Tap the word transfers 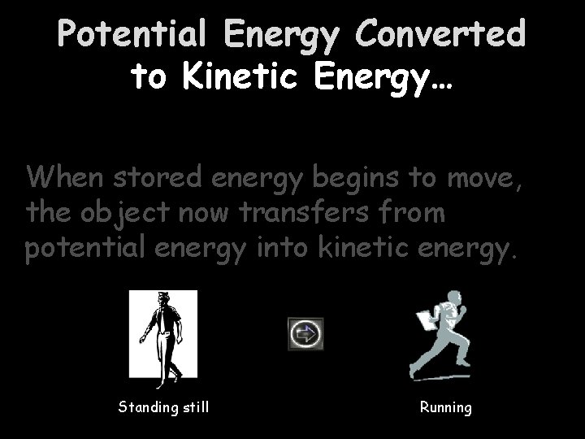pyautogui.click(x=314, y=213)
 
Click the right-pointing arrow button pyautogui.click(x=305, y=334)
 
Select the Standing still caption pyautogui.click(x=163, y=406)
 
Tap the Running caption pyautogui.click(x=445, y=406)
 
